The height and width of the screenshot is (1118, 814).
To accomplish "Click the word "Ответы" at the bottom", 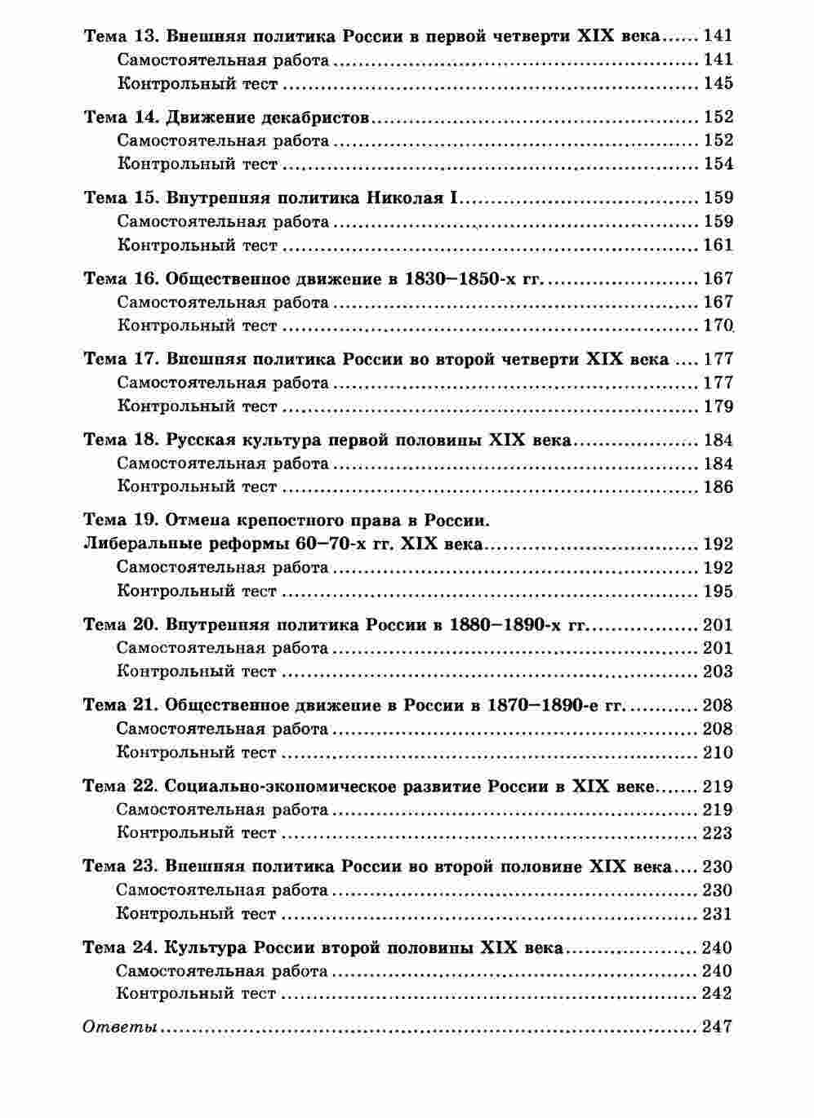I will click(x=120, y=1027).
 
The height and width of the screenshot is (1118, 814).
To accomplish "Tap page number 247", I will click(x=717, y=1027).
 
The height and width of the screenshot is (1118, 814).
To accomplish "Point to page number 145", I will click(x=718, y=83).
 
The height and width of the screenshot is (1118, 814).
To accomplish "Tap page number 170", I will click(x=718, y=326).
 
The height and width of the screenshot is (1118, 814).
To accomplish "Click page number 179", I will click(x=718, y=406).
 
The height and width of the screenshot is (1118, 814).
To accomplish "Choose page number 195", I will click(x=718, y=592).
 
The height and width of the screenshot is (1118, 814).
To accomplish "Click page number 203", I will click(x=718, y=672).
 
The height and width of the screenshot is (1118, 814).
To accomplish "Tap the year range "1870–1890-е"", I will click(x=543, y=706).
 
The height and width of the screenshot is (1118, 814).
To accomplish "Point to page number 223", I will click(x=718, y=833).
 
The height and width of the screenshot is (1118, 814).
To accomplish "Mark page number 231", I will click(x=718, y=914).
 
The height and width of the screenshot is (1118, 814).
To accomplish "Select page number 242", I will click(x=717, y=994).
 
